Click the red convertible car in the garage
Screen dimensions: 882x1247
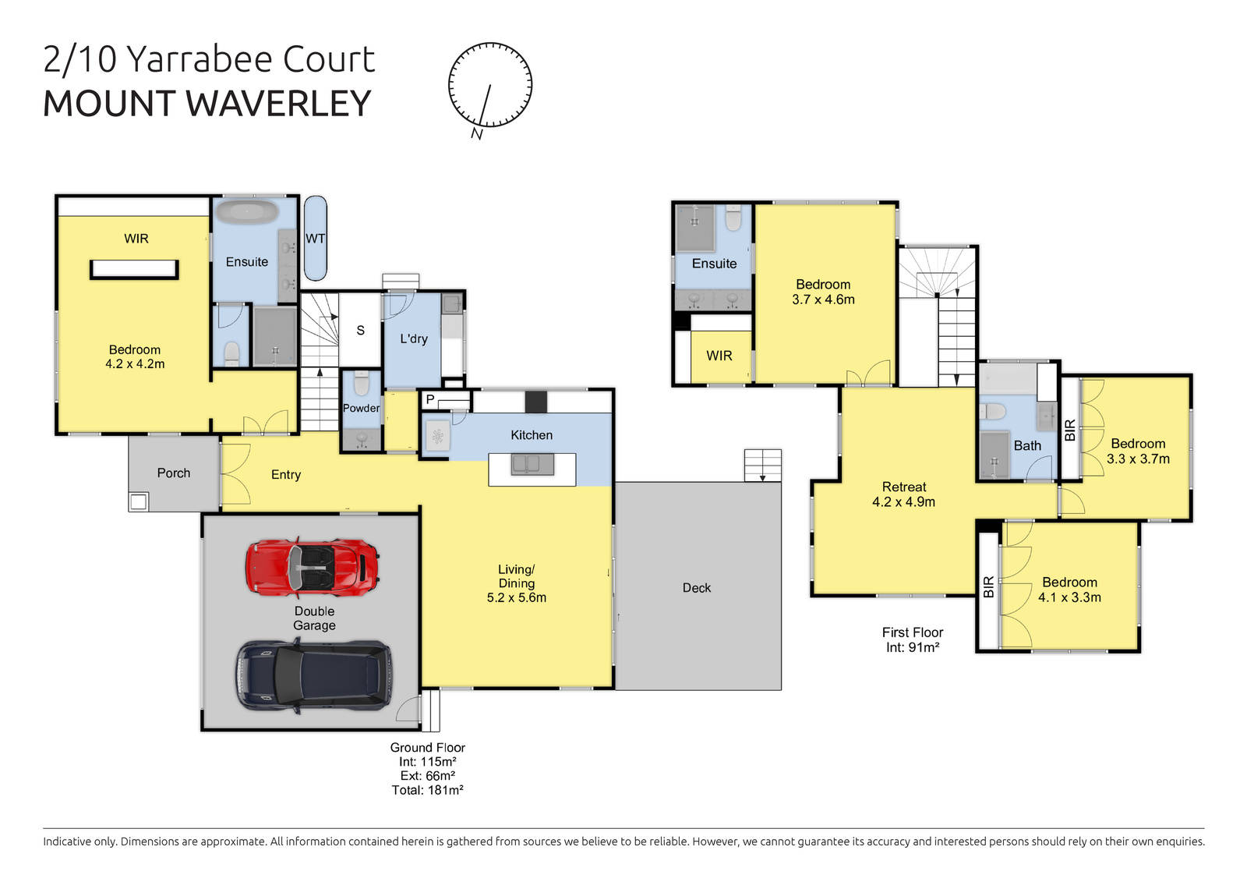click(x=313, y=566)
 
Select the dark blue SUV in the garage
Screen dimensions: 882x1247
click(x=314, y=675)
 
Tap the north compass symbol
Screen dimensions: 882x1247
click(x=490, y=86)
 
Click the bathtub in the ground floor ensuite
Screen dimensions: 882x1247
click(x=246, y=212)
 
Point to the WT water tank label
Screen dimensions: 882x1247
click(x=315, y=239)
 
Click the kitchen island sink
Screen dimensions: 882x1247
click(x=532, y=465)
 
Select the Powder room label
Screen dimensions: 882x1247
click(x=361, y=408)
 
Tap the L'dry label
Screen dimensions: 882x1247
click(x=414, y=338)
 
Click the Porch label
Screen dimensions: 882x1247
click(x=173, y=473)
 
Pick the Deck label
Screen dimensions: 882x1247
click(x=696, y=588)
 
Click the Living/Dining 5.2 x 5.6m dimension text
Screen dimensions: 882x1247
click(x=516, y=598)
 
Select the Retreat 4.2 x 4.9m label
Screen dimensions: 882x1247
click(x=904, y=494)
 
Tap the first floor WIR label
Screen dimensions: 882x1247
click(x=719, y=356)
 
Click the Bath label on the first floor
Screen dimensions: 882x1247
click(x=1026, y=445)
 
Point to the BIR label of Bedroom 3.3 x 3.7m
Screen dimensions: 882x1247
click(x=1070, y=430)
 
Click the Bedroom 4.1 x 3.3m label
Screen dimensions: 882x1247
click(x=1069, y=590)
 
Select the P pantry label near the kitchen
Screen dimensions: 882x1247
click(x=429, y=399)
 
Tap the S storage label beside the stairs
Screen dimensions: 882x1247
click(x=360, y=331)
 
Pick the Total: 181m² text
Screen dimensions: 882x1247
click(x=427, y=790)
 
